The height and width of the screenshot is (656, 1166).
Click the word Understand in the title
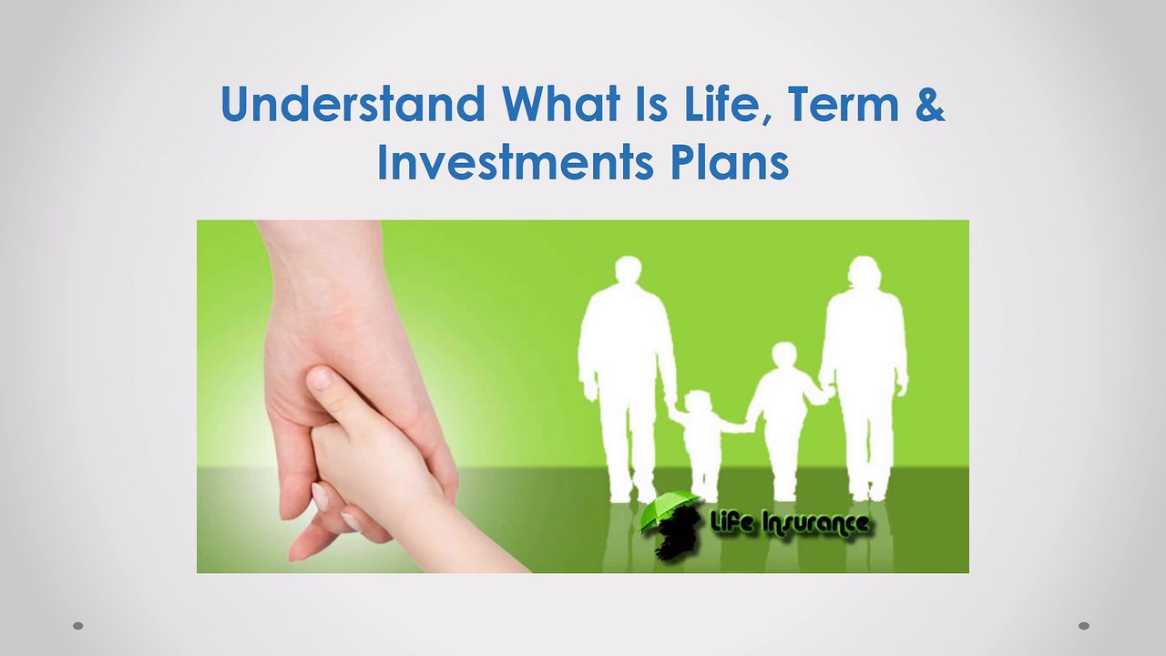[x=353, y=103]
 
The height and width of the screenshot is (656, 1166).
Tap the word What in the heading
[x=560, y=103]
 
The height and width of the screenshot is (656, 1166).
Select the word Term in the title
[x=844, y=103]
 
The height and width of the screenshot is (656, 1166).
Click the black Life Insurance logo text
[x=789, y=523]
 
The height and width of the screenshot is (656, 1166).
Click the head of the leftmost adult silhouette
[x=629, y=270]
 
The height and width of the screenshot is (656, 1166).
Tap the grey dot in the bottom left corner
[x=78, y=625]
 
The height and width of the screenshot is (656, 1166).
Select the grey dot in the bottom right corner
[x=1084, y=625]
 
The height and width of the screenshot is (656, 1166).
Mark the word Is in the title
[x=652, y=103]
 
